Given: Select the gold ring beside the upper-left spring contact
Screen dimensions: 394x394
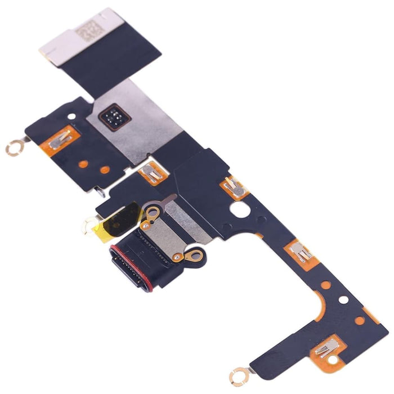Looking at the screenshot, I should tap(12, 149).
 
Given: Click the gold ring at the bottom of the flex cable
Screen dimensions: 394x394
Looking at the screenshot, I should tap(239, 374).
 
